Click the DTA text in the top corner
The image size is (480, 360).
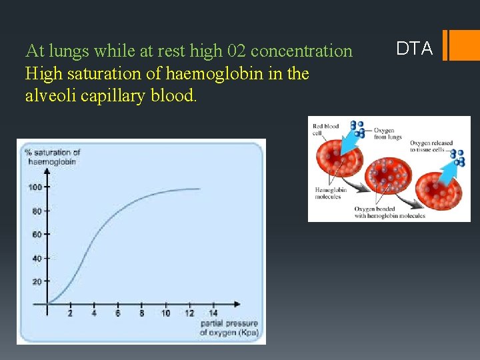tap(414, 48)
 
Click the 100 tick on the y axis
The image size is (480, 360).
tap(35, 187)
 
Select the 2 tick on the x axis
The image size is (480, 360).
tap(70, 313)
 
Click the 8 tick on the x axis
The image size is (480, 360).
tap(141, 313)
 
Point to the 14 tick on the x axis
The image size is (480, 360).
tap(213, 313)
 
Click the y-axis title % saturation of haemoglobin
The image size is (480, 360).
tap(53, 157)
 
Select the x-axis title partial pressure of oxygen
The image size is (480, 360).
tap(229, 327)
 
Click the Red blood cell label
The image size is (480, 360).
tap(326, 129)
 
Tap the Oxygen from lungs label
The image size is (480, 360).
tap(388, 133)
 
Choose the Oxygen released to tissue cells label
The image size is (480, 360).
tap(431, 146)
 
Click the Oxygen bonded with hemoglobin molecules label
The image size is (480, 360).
tap(389, 212)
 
